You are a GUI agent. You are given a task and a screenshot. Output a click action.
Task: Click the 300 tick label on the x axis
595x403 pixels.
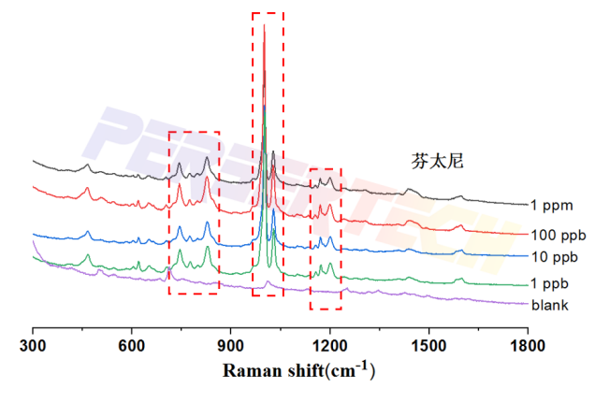(x=33, y=347)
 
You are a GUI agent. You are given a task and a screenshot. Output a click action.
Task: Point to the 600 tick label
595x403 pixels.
(x=132, y=347)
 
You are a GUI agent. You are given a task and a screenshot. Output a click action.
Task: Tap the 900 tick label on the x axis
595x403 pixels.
(x=230, y=347)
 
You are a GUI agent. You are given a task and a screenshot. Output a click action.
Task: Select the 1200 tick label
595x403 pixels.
(x=329, y=347)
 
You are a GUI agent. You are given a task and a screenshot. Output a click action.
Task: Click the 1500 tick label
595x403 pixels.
(x=428, y=347)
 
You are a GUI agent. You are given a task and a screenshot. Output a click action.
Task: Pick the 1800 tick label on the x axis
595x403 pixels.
(x=527, y=347)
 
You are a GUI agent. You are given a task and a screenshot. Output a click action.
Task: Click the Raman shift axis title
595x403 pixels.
(x=298, y=370)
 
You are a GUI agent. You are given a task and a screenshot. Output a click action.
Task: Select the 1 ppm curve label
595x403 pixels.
(x=549, y=205)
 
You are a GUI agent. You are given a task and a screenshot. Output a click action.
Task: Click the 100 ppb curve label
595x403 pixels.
(x=553, y=233)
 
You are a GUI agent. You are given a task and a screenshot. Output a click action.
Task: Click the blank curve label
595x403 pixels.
(x=550, y=305)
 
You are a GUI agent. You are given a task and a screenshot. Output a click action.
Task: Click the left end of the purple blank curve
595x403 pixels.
(x=34, y=242)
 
